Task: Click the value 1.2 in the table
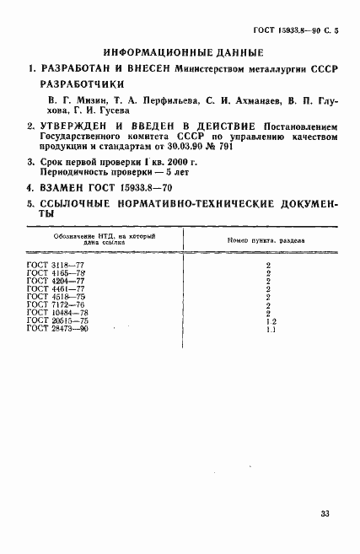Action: pyautogui.click(x=266, y=321)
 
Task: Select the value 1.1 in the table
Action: pyautogui.click(x=266, y=329)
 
